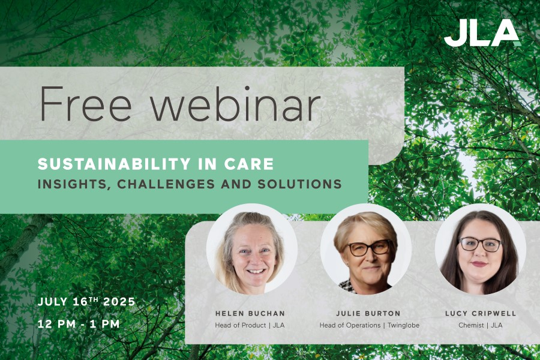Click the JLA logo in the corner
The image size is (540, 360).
[482, 33]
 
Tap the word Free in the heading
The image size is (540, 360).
[86, 103]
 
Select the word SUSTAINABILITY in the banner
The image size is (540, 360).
[114, 164]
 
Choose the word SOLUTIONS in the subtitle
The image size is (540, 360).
[299, 184]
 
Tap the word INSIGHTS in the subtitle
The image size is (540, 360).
[73, 185]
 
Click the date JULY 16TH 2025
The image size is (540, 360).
[86, 302]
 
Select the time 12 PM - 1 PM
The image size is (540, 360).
[79, 324]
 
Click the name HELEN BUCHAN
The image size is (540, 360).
[250, 313]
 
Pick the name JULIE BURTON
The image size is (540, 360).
[368, 313]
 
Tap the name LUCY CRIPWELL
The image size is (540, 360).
[481, 313]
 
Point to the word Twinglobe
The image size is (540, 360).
[404, 325]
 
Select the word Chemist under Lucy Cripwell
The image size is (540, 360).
[471, 325]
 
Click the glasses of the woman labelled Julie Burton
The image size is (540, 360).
[369, 248]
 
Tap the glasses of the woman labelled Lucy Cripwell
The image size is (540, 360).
[481, 244]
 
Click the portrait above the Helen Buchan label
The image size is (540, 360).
[252, 249]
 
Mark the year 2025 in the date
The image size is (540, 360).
[119, 302]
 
